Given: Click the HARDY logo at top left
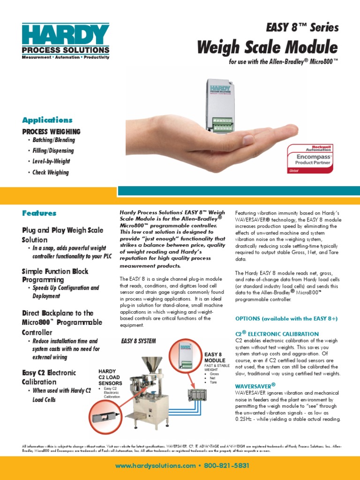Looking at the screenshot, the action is (x=66, y=40).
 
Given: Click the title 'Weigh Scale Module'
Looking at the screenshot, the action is (x=267, y=47).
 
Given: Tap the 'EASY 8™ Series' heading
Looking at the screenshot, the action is (x=302, y=27).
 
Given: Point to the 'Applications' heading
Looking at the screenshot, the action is (x=47, y=120).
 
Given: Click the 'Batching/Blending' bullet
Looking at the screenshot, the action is (x=53, y=140).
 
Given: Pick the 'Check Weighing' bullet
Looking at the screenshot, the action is (x=51, y=172).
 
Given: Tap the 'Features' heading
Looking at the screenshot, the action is (x=39, y=213).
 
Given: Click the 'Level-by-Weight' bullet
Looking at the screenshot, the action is (x=51, y=162).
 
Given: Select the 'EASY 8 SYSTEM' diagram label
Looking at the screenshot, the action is (x=138, y=341).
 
